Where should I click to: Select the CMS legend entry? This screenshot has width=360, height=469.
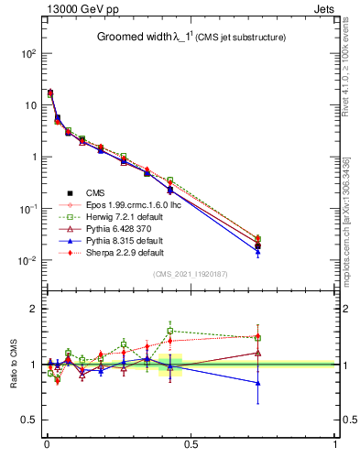click(95, 192)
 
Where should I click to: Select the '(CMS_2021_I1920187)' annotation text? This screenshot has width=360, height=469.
click(191, 274)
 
